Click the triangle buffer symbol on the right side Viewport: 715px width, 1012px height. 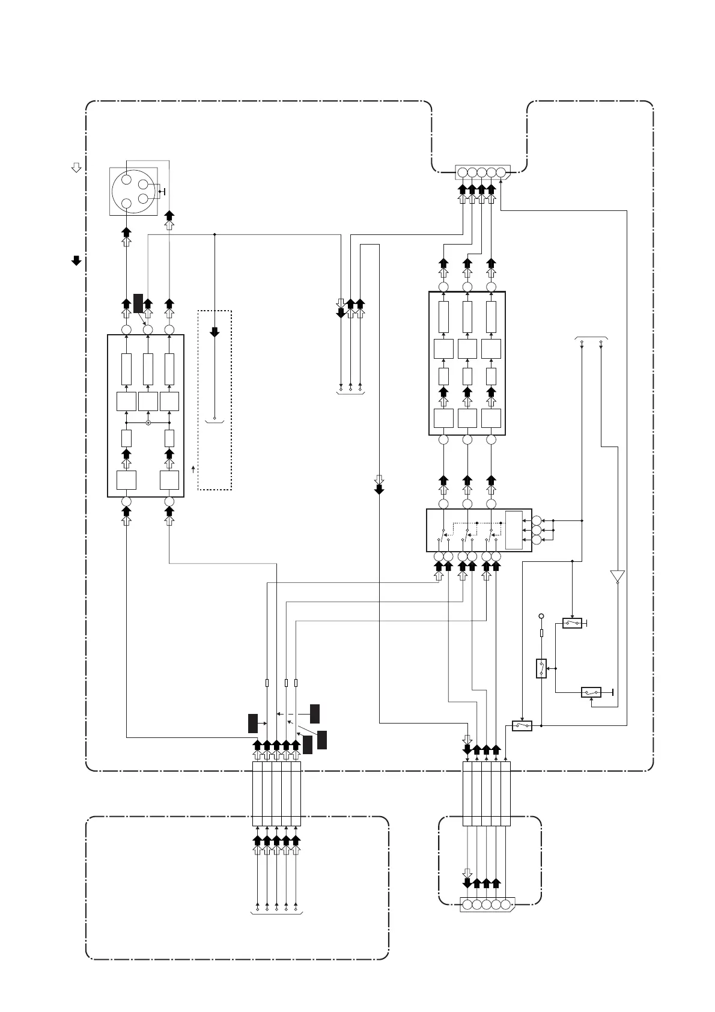[617, 576]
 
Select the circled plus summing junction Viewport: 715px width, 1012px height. [148, 423]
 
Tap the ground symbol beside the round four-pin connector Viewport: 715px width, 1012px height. [162, 192]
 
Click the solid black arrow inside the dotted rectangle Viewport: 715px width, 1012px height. [214, 332]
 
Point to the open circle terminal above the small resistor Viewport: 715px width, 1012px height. [541, 616]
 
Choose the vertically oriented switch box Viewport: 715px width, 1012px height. [541, 668]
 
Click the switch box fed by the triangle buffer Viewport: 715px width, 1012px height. [591, 692]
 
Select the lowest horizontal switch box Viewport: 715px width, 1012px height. [522, 726]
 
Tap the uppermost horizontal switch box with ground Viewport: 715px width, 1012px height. [572, 623]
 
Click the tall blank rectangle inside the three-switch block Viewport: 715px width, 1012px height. [514, 529]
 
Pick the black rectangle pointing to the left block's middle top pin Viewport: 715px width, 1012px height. [138, 303]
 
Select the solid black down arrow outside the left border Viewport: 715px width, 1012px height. [76, 260]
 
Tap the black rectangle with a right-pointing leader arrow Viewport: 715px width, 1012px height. [252, 724]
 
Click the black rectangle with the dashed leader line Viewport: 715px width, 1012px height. [314, 713]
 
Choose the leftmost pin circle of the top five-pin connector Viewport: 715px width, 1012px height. [462, 173]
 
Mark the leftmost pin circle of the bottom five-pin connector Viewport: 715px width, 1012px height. [467, 904]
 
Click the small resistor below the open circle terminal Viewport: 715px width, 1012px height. [541, 633]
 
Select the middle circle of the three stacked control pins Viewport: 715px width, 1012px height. [537, 530]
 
